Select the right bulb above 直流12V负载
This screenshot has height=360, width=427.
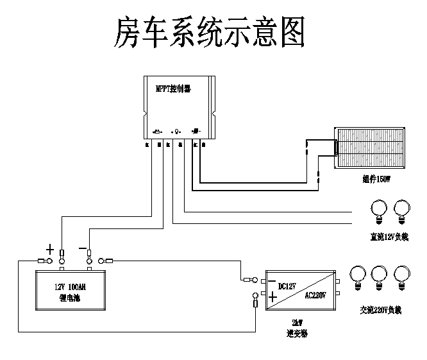pyautogui.click(x=402, y=209)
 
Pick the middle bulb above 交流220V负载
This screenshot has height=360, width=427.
pyautogui.click(x=380, y=275)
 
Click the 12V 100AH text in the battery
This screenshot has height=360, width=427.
pyautogui.click(x=70, y=287)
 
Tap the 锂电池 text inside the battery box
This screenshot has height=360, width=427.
pyautogui.click(x=69, y=298)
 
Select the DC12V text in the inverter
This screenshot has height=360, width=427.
pyautogui.click(x=287, y=286)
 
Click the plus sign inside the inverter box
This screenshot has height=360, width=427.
pyautogui.click(x=272, y=297)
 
